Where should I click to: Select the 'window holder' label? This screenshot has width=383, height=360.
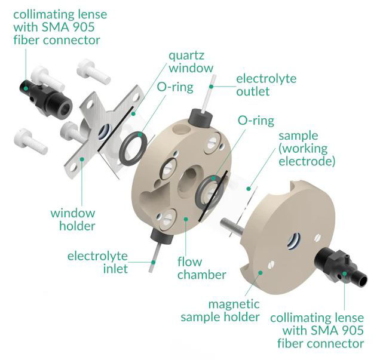[72, 219]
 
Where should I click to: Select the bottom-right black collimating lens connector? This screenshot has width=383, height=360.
[335, 264]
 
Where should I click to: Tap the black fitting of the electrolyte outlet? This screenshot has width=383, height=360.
[198, 115]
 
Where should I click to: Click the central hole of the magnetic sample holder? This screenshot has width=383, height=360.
[294, 239]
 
